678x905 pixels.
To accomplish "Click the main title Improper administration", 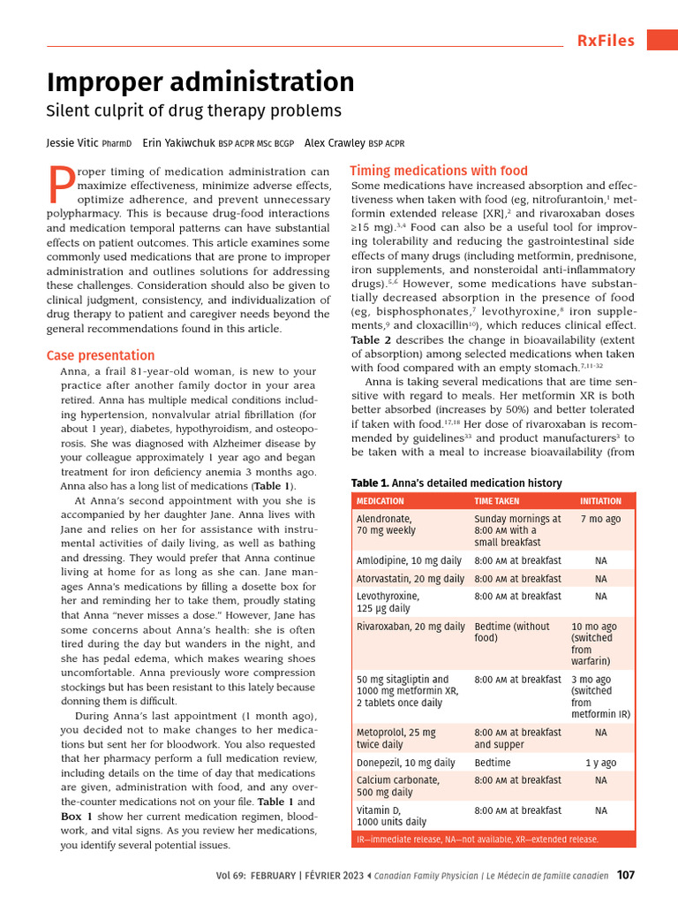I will [x=200, y=82].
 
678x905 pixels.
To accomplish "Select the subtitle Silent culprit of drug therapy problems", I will [x=193, y=111].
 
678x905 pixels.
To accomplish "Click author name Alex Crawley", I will [x=335, y=142].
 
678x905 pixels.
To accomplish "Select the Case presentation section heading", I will [x=101, y=355].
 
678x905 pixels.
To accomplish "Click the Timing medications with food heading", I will [x=439, y=171].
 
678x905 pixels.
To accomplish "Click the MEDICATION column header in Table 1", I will [x=380, y=500].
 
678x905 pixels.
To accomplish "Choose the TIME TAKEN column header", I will [x=497, y=500].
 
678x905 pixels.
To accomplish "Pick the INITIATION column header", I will [x=600, y=500].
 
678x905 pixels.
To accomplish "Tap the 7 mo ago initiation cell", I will [x=600, y=520].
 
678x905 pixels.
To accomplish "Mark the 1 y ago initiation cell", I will [x=600, y=763].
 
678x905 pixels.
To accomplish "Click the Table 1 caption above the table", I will [x=456, y=483].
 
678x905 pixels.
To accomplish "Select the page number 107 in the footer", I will [x=625, y=876].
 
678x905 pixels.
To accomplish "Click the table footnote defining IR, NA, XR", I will [x=477, y=839].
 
